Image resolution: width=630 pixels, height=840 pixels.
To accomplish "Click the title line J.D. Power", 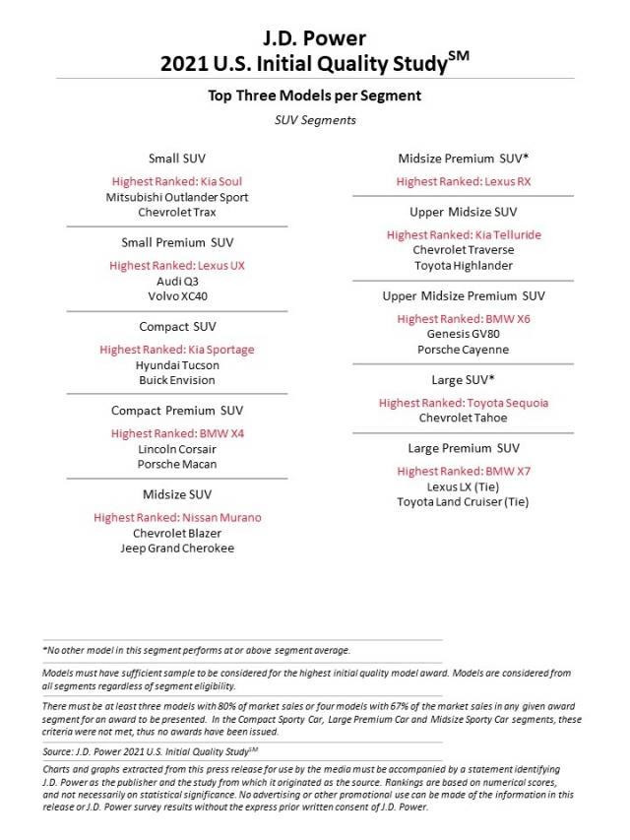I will [315, 38].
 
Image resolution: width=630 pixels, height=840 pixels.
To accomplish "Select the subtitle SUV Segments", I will [315, 120].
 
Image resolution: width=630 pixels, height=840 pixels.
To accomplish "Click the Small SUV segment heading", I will [177, 158].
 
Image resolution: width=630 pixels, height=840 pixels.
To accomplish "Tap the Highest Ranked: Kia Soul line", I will [177, 181].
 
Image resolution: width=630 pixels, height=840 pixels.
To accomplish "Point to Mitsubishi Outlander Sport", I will [177, 197].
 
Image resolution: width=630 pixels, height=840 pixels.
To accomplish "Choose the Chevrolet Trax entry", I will [177, 212].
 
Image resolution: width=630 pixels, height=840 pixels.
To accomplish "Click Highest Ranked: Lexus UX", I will [177, 266].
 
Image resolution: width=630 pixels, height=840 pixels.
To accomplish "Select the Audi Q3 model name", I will [177, 281].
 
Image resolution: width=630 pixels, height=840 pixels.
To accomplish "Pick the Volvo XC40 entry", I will [177, 295].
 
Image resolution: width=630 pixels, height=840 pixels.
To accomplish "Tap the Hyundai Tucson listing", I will [177, 365].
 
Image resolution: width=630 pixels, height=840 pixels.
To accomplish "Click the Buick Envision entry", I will [177, 380].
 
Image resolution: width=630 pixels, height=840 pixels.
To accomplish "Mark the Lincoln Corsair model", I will [177, 449].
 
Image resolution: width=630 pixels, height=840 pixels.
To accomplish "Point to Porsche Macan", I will [177, 464].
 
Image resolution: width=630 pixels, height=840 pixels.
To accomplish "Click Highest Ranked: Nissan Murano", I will [177, 517].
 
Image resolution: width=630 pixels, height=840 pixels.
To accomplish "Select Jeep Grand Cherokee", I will [177, 548].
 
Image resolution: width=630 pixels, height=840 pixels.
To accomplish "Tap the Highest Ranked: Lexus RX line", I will [464, 181].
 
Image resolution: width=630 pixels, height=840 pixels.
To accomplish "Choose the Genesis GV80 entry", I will [464, 334].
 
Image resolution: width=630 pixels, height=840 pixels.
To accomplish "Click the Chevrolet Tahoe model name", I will [464, 418].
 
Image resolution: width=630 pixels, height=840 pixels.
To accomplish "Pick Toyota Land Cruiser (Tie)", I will [464, 501].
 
